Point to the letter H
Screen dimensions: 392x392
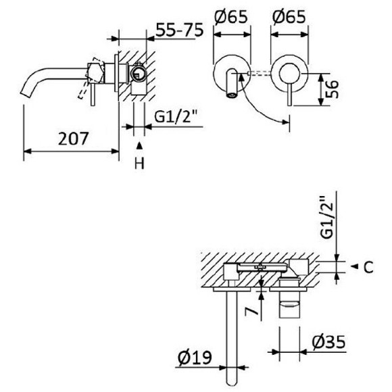click(x=139, y=163)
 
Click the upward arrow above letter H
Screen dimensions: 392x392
click(x=139, y=145)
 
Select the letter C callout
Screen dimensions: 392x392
click(x=368, y=267)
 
